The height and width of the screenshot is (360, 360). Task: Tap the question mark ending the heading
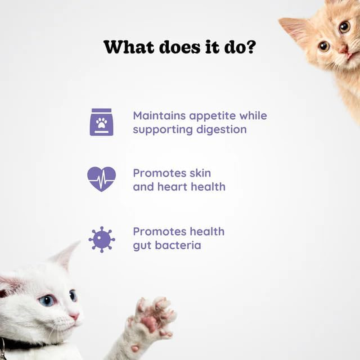250,47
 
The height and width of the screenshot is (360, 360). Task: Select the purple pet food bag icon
101,122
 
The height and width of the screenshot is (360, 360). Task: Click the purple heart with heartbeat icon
101,179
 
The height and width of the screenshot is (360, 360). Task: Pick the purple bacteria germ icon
101,238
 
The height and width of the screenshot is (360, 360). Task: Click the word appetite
211,116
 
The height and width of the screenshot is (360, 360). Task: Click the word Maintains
159,116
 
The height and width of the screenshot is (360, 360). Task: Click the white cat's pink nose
74,316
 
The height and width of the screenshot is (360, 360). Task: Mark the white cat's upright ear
67,256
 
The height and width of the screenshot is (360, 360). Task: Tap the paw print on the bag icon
101,122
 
